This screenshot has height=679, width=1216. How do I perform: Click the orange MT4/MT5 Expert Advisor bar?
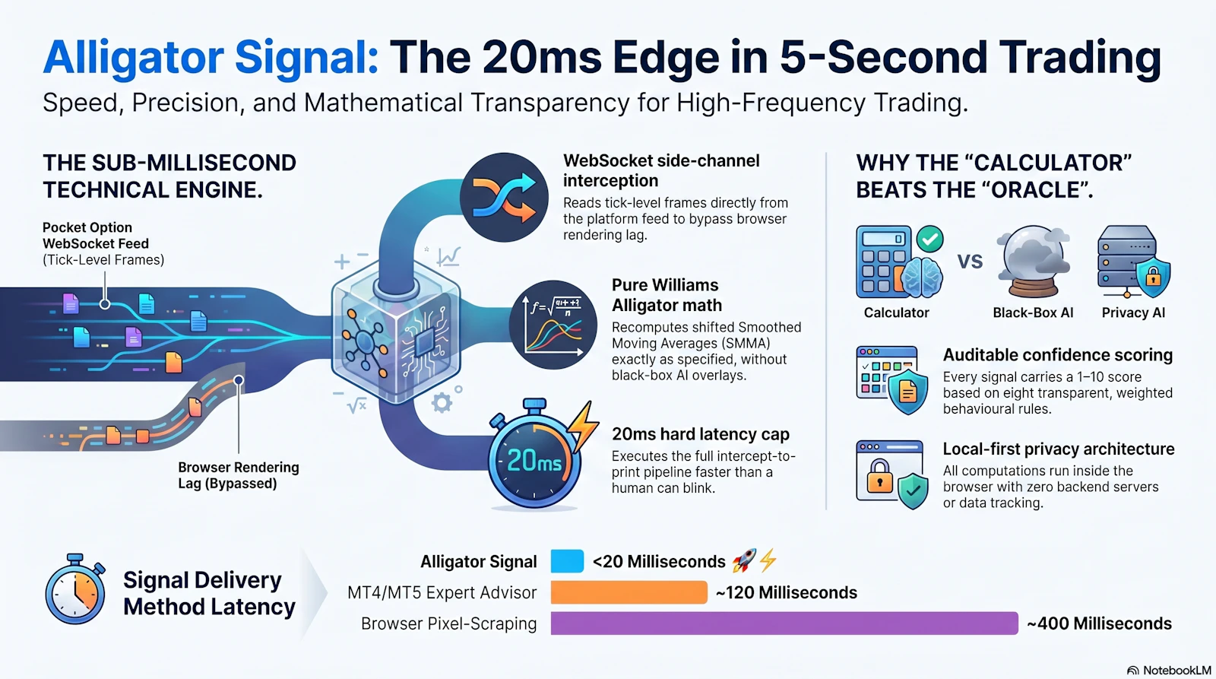coord(629,592)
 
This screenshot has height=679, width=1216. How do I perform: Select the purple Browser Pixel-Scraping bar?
coord(784,623)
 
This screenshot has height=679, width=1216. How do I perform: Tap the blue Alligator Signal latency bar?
coord(567,561)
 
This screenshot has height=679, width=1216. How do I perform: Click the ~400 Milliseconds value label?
coord(1099,623)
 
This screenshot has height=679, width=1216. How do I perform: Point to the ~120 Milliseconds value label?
coord(787,592)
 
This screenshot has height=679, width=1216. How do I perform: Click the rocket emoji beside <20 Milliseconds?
coord(744,560)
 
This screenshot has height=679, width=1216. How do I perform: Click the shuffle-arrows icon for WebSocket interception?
coord(504,197)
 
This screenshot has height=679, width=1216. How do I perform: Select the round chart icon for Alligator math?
coord(553,325)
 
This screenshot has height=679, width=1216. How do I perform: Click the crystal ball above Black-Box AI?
coord(1033,262)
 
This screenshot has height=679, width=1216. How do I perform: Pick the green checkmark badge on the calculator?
coord(930,240)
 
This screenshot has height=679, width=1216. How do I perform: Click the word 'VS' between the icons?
coord(970,262)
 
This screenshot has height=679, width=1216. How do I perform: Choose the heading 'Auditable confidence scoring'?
coord(1057,355)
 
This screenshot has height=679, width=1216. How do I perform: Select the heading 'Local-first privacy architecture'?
coord(1059,449)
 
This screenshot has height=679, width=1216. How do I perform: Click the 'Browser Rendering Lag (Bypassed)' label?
coord(239,475)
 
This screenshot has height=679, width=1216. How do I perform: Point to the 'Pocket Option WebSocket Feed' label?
coord(96,235)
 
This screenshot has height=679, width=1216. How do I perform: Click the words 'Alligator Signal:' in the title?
coord(211,57)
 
